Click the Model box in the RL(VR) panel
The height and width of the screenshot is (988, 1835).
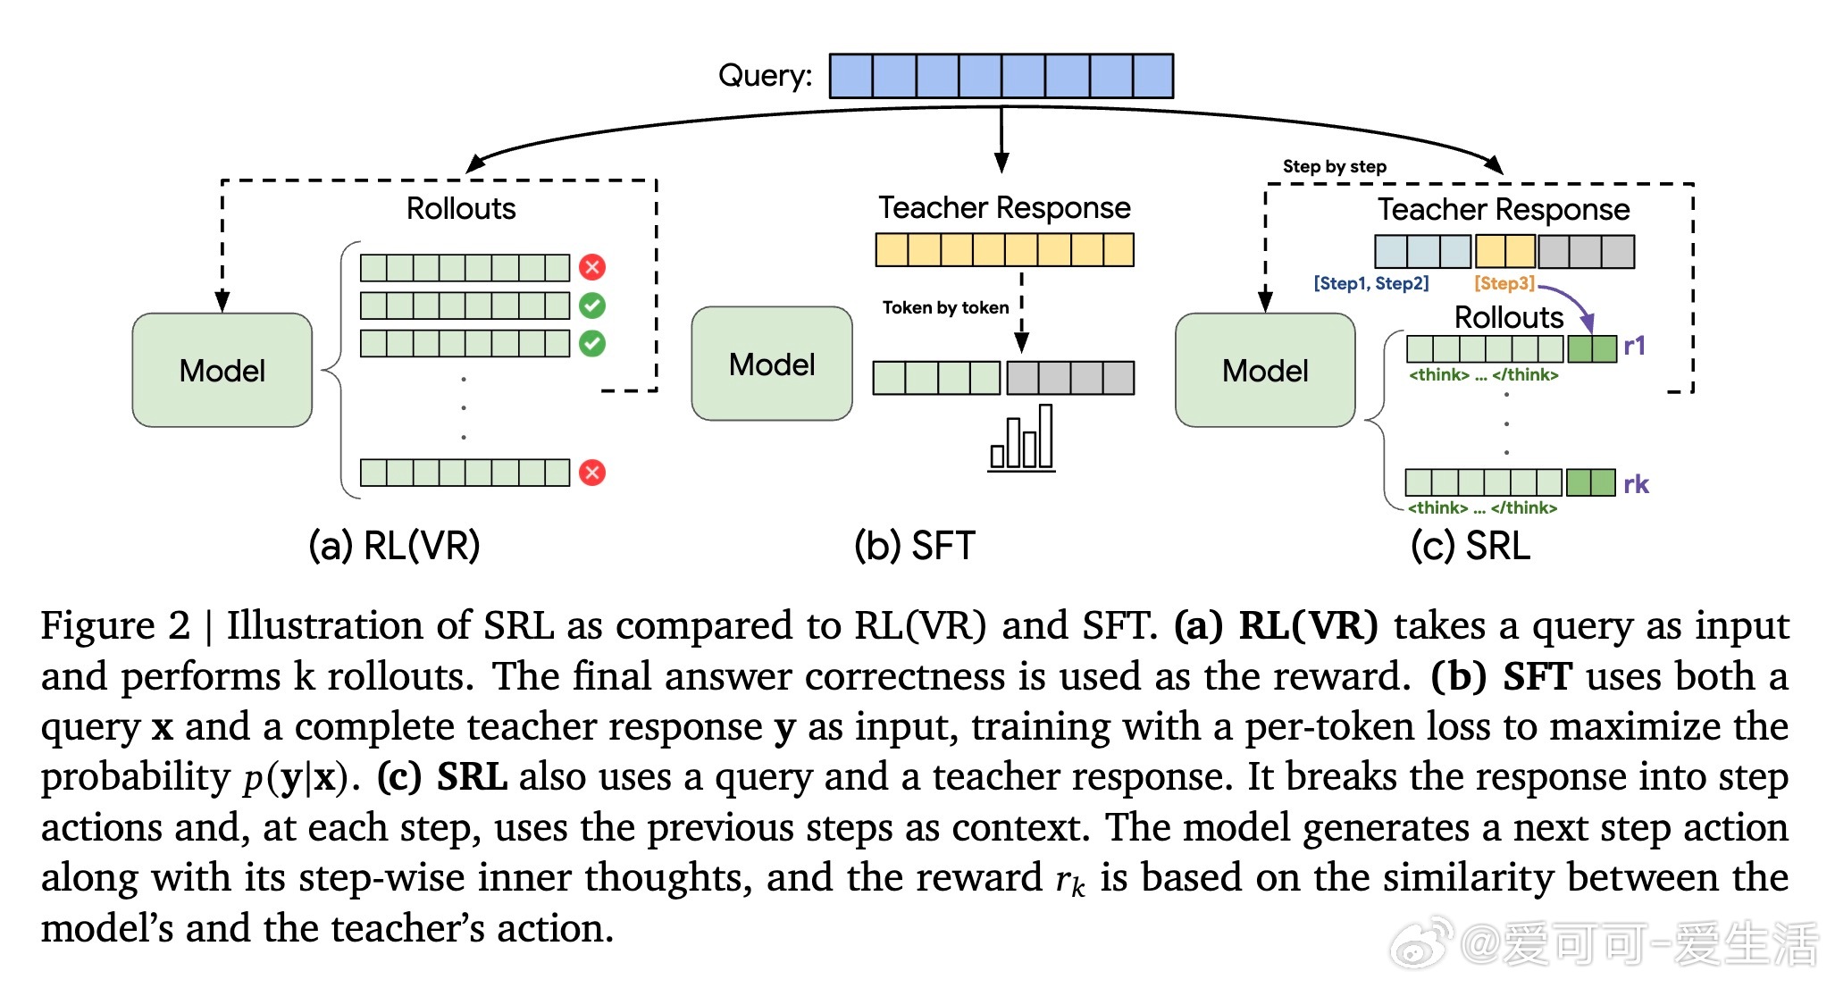[x=222, y=370]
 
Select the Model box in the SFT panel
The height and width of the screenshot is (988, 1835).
[x=772, y=364]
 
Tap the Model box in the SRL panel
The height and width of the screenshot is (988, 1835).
[x=1265, y=370]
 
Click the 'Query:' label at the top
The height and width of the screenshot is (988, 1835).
[x=765, y=75]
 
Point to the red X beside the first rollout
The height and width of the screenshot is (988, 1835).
[x=592, y=267]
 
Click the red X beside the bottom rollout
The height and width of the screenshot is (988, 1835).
[x=592, y=473]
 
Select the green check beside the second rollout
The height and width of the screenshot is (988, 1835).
[x=592, y=306]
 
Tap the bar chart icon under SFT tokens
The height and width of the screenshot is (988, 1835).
[x=1021, y=439]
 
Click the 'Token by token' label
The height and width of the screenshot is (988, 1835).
[x=945, y=308]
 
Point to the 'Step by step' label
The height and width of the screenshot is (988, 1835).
[x=1334, y=166]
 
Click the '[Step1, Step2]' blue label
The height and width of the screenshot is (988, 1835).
[x=1370, y=283]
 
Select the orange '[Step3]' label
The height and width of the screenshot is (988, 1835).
[x=1504, y=283]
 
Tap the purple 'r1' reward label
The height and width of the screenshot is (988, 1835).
[x=1634, y=347]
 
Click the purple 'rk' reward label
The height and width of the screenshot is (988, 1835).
[x=1636, y=484]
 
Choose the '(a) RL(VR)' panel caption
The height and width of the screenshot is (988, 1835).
[x=394, y=545]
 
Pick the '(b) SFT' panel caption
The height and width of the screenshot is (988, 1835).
[x=914, y=545]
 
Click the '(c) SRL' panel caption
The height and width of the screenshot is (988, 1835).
[x=1470, y=545]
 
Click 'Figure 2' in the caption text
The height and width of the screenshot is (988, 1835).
[x=115, y=625]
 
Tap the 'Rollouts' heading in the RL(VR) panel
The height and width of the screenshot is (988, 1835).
[x=461, y=208]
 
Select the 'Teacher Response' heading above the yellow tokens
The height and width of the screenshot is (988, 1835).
[x=1004, y=207]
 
